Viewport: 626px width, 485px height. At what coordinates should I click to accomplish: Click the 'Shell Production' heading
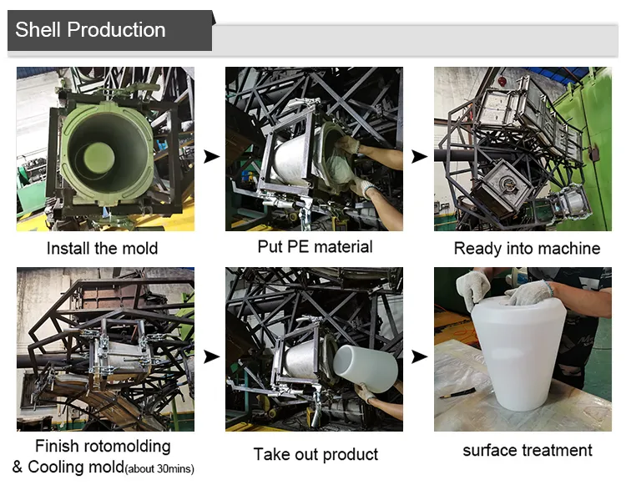coord(90,30)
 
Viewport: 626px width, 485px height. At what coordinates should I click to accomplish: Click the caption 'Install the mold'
coord(102,248)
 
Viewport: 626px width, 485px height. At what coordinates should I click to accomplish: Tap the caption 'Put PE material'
coord(315,246)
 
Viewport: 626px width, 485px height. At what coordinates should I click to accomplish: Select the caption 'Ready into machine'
coord(527,248)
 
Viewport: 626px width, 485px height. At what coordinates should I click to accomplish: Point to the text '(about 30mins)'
coord(159,469)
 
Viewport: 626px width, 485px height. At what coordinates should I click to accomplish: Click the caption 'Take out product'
coord(316,454)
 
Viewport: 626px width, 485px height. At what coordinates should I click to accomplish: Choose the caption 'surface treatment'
coord(528,451)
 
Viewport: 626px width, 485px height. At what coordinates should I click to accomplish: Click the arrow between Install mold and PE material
coord(212,156)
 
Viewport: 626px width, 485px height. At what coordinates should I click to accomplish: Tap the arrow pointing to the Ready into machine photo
coord(419,156)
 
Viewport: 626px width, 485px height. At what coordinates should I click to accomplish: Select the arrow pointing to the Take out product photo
coord(212,356)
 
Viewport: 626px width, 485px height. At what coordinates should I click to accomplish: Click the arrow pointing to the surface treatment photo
coord(419,356)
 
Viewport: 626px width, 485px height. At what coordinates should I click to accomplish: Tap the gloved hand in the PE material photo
coord(347,145)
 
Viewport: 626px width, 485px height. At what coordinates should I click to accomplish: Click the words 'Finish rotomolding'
coord(103,446)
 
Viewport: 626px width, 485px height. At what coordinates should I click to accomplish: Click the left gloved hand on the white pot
coord(473,287)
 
